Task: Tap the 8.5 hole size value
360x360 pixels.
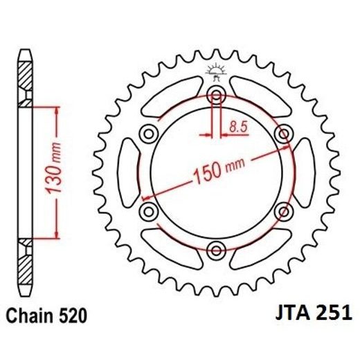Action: click(237, 127)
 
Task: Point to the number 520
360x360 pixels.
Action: click(73, 316)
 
